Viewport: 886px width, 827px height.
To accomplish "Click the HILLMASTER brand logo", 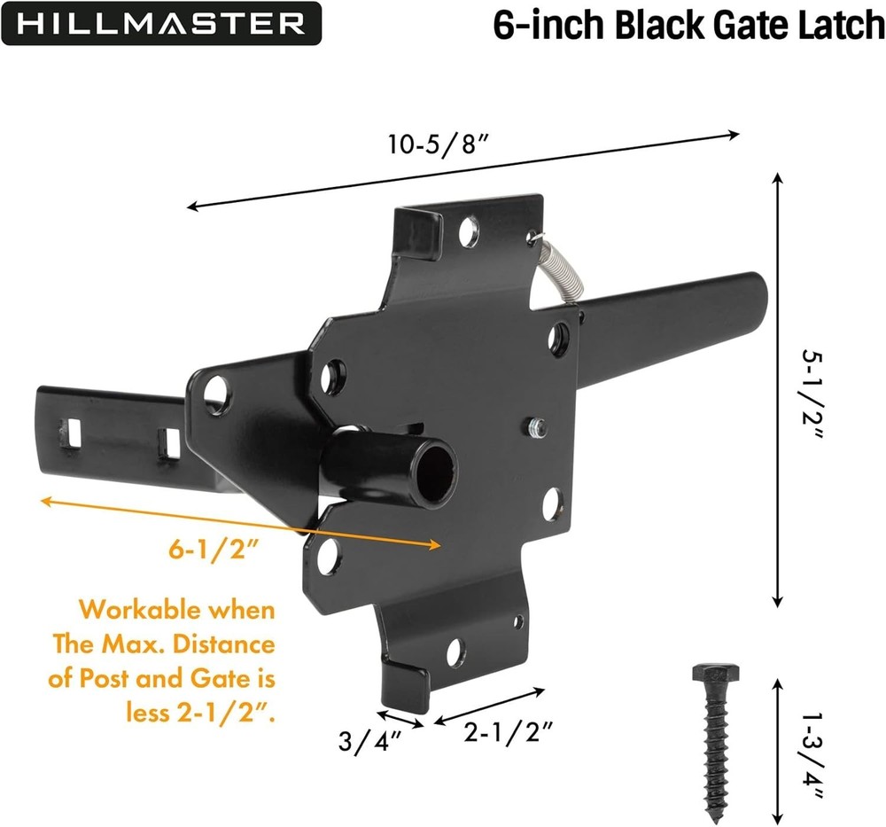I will pos(160,23).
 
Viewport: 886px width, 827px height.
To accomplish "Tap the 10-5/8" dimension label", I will pos(439,144).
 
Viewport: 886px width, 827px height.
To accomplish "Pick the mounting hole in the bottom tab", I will pos(455,652).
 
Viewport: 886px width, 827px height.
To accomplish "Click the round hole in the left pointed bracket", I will pos(215,390).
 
